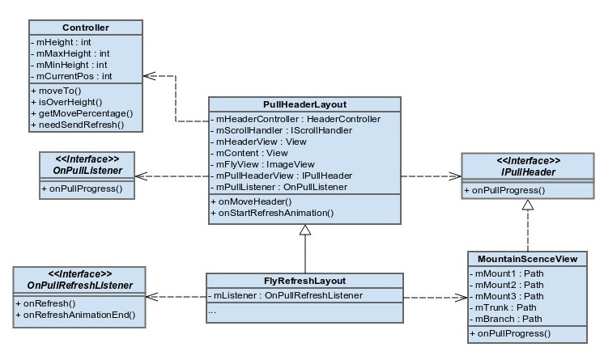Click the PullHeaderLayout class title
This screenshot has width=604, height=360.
click(304, 105)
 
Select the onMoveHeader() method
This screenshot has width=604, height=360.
click(252, 201)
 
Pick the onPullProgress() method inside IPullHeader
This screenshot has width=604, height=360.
click(504, 191)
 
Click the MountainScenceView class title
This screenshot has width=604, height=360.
click(527, 259)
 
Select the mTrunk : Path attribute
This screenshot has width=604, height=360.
click(500, 307)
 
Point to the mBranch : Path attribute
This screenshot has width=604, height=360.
click(504, 319)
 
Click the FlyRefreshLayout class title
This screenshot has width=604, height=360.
click(304, 281)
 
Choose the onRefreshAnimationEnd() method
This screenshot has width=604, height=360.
click(75, 315)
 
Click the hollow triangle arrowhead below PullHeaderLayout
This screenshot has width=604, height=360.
click(304, 231)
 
